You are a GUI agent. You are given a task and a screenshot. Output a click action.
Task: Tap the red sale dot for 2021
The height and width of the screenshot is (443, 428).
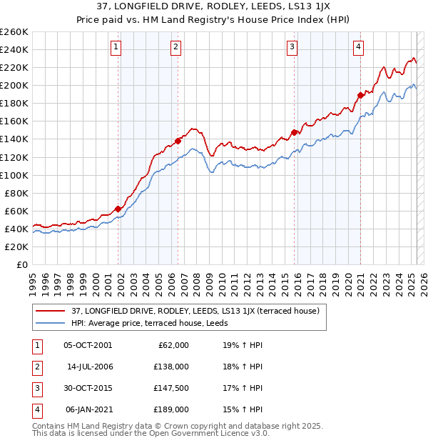360,94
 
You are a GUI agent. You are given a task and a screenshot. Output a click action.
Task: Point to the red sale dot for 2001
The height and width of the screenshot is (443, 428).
118,209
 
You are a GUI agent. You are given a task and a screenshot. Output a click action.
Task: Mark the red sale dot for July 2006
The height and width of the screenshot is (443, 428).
178,140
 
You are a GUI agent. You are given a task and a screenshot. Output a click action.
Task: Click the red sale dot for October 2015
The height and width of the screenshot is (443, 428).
294,132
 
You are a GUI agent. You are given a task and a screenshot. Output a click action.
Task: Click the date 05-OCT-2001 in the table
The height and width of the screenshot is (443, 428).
88,345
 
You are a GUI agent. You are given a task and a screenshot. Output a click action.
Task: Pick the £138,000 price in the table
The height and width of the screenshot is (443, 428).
172,367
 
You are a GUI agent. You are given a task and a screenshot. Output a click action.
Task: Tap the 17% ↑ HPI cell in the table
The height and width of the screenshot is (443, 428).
243,388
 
